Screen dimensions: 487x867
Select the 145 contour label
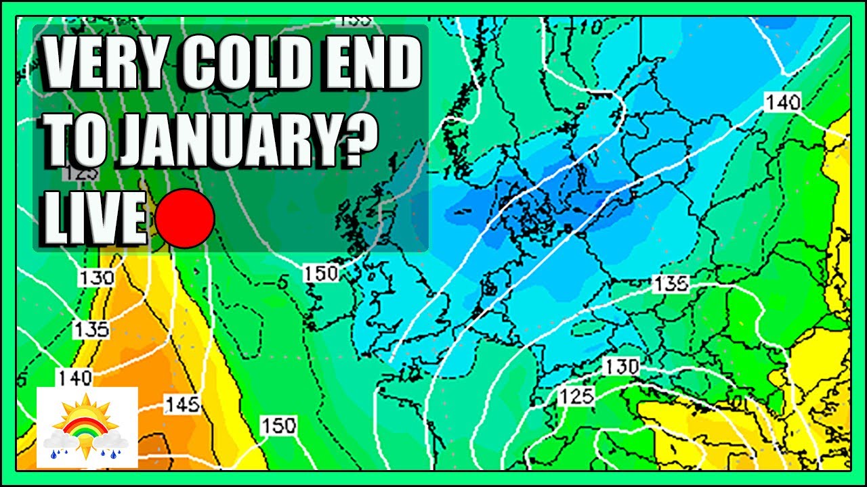tap(182, 405)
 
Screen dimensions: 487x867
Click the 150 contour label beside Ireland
tap(321, 274)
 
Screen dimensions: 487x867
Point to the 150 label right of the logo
tap(278, 426)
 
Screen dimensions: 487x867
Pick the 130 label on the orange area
tap(96, 277)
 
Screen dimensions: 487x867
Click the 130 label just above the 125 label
tap(621, 367)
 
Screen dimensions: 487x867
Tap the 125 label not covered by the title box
tap(576, 396)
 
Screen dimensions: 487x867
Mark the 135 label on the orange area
tap(92, 329)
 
